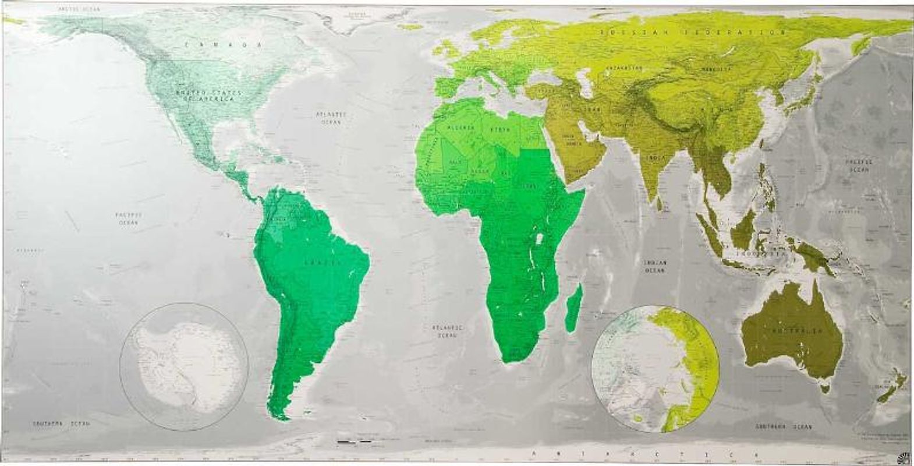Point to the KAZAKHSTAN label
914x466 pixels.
pos(624,68)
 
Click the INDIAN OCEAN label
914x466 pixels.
pos(655,266)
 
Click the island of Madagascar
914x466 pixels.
pos(573,306)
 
